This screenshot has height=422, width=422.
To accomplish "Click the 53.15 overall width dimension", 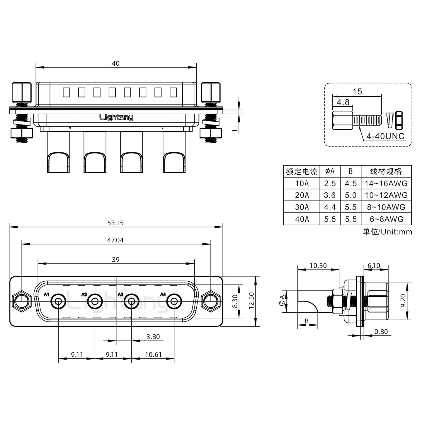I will coord(115,223).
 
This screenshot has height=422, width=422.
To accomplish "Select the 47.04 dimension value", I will coord(115,240).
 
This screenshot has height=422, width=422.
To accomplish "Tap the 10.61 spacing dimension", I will coord(153,355).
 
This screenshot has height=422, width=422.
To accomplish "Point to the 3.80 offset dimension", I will coord(153,337).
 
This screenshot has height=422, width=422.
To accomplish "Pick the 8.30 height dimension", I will coord(235,301).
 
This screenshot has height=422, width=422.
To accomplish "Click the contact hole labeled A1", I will coord(58,301).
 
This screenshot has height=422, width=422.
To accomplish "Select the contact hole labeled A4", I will coord(174,301).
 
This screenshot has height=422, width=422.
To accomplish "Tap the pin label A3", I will coord(120,294).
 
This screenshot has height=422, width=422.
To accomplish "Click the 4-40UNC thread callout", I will coord(385,136).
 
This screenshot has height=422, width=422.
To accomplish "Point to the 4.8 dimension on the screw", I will coord(343,102).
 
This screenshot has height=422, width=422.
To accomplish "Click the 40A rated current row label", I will coord(302,219).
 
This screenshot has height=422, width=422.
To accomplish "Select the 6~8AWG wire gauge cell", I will coord(386,219).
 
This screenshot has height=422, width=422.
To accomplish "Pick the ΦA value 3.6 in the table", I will coord(330,195).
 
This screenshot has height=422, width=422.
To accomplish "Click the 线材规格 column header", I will coord(386,171).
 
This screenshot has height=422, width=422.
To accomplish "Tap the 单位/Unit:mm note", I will coord(387,232).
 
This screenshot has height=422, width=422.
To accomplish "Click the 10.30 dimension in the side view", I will coord(318,266).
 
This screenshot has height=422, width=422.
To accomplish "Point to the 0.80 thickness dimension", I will coord(381,331).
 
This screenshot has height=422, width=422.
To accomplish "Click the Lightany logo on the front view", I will coord(116,118).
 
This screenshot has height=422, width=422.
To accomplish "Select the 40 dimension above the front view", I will coord(116,63).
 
